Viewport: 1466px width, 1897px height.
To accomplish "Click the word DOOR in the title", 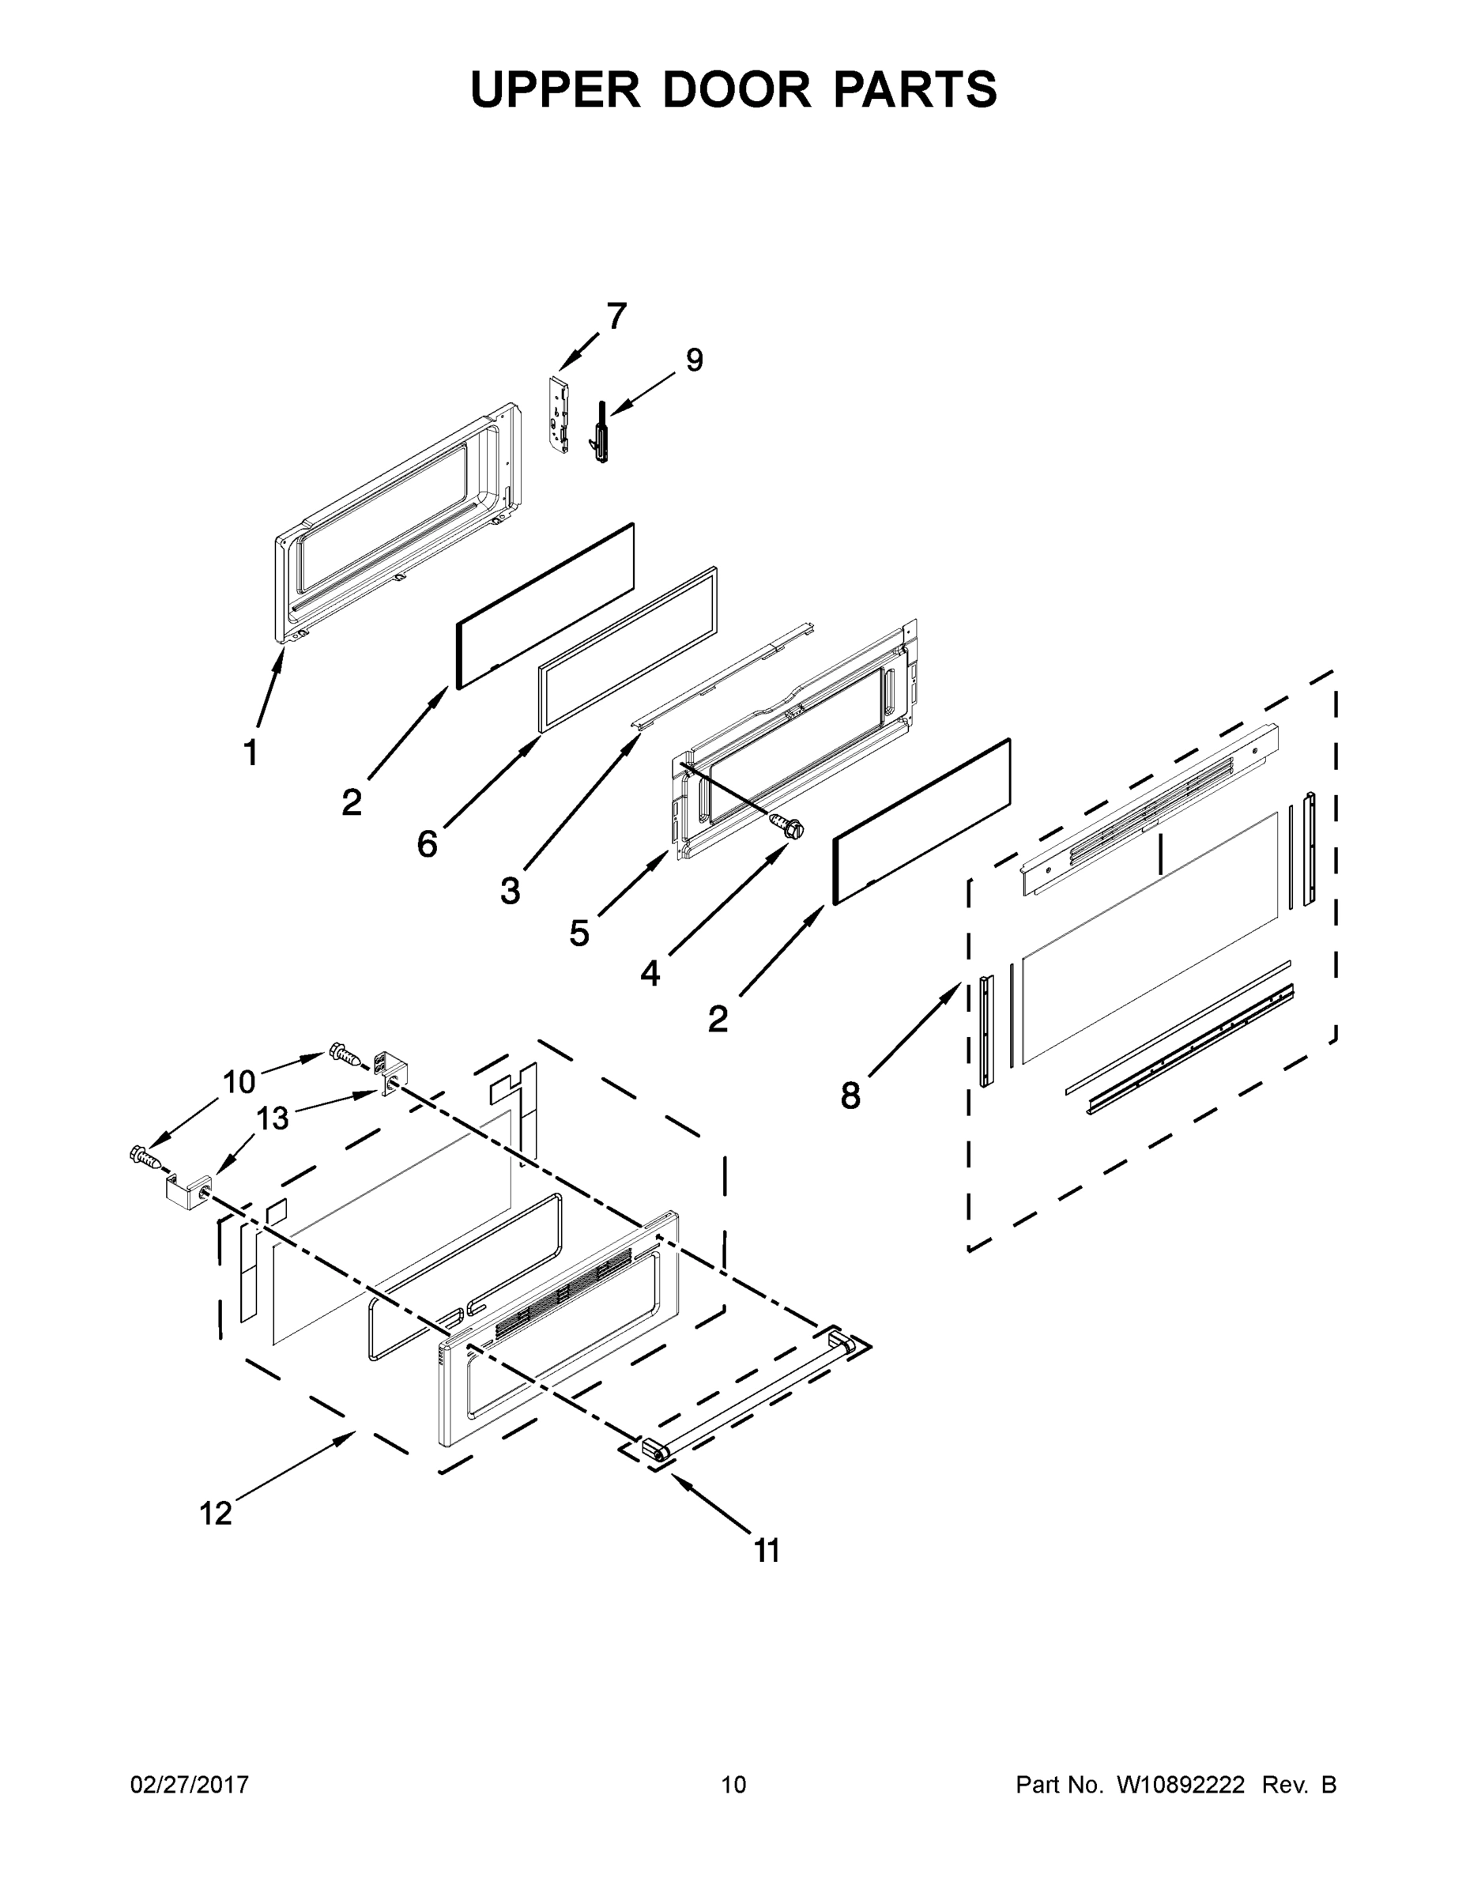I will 737,89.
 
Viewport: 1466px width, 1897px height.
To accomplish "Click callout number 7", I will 616,317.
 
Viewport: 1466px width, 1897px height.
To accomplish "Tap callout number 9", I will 694,360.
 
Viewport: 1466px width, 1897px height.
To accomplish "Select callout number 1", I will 250,752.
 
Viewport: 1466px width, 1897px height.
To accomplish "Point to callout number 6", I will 428,843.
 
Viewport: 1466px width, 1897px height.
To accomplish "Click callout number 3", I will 511,890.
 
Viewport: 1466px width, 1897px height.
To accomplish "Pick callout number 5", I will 579,933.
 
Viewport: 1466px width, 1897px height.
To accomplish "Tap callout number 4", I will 650,974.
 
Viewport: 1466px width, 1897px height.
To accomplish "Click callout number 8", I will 850,1096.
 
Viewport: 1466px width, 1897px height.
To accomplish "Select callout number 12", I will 217,1513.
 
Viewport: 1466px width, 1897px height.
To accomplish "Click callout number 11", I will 767,1551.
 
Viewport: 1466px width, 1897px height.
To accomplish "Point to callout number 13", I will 272,1118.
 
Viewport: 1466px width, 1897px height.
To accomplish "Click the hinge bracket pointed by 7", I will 560,413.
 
